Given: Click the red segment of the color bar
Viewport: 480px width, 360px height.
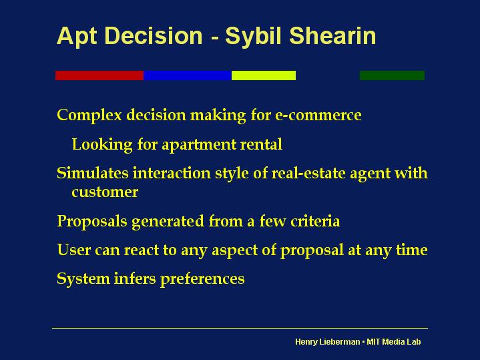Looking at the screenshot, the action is pos(99,75).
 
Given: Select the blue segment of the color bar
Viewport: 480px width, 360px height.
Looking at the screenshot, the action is pos(188,75).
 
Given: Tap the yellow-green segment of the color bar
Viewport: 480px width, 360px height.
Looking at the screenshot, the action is pos(264,75).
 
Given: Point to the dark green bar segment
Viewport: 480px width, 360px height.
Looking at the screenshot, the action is pos(392,75).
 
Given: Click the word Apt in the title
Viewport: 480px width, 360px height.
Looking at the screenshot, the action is pos(77,37).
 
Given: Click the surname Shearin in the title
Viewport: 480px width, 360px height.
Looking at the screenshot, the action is pos(332,36).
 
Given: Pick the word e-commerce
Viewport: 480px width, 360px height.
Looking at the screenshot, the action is pos(318,115).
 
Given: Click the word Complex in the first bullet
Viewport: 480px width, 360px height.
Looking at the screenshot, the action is pos(89,116).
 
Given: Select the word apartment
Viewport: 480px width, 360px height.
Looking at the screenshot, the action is pos(199,145).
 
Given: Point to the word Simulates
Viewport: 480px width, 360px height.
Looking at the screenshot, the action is pos(93,173).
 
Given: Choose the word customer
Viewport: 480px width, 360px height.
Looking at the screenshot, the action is pos(105,192).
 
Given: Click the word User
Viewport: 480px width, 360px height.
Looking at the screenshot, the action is pos(74,250).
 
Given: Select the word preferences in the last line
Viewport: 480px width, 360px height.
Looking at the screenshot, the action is pos(202,279).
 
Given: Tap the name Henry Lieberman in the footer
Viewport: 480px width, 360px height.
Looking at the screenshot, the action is pos(328,342).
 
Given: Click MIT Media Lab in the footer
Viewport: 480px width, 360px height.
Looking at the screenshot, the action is pos(394,341).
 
